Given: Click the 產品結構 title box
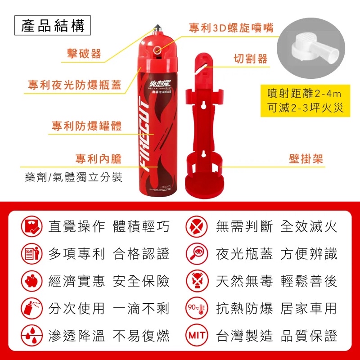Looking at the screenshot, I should (x=53, y=26).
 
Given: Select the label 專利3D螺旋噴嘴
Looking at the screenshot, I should (x=231, y=27).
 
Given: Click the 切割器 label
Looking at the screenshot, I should (x=251, y=59).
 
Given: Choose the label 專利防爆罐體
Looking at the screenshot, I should (x=86, y=125).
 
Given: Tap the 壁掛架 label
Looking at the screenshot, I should (x=306, y=158).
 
